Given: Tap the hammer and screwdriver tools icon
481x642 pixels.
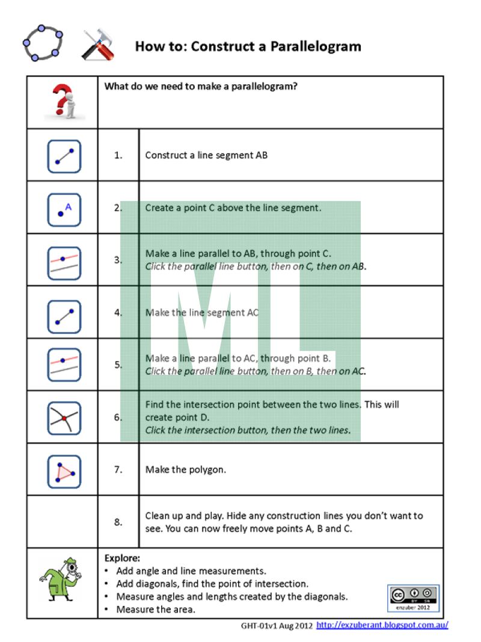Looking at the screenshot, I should pyautogui.click(x=98, y=45).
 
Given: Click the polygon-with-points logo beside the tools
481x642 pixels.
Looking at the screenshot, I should pyautogui.click(x=43, y=43).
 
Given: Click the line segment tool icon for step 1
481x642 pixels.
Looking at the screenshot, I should pyautogui.click(x=64, y=156).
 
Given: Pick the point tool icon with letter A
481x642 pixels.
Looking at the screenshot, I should pyautogui.click(x=64, y=209).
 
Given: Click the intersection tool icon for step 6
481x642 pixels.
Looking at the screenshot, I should pyautogui.click(x=64, y=418).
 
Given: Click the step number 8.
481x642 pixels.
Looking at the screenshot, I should pyautogui.click(x=118, y=522).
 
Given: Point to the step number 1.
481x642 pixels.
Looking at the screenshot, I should pyautogui.click(x=118, y=155).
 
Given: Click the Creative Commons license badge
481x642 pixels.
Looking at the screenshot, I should pyautogui.click(x=413, y=597).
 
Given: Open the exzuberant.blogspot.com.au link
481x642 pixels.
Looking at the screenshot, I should pyautogui.click(x=382, y=626).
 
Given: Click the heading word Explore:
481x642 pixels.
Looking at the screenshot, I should pyautogui.click(x=122, y=558).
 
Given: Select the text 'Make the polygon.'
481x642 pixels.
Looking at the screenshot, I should pyautogui.click(x=186, y=469).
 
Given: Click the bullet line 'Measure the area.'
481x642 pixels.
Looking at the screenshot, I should pyautogui.click(x=156, y=610).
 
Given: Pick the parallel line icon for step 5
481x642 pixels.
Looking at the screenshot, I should pyautogui.click(x=64, y=365).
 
